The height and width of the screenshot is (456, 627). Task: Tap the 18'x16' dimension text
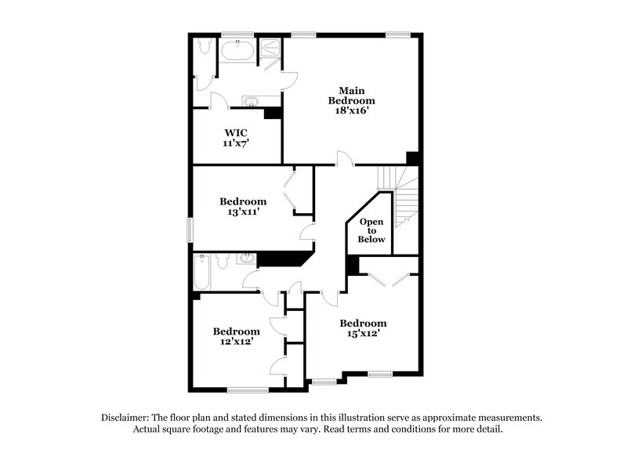pyautogui.click(x=350, y=111)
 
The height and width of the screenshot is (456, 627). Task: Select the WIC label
pyautogui.click(x=237, y=133)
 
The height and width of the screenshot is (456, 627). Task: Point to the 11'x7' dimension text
pyautogui.click(x=237, y=144)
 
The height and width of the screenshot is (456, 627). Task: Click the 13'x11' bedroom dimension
pyautogui.click(x=243, y=212)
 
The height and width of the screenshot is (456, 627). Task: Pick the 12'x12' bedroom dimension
pyautogui.click(x=236, y=342)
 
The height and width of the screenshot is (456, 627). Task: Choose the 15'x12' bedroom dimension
pyautogui.click(x=363, y=334)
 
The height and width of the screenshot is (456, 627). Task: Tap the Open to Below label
pyautogui.click(x=372, y=230)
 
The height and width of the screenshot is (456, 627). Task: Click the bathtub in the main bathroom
pyautogui.click(x=237, y=53)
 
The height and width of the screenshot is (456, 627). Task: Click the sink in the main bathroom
pyautogui.click(x=251, y=100)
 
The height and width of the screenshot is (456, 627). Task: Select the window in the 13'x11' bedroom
pyautogui.click(x=189, y=230)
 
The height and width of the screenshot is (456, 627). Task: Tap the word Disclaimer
pyautogui.click(x=127, y=418)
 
